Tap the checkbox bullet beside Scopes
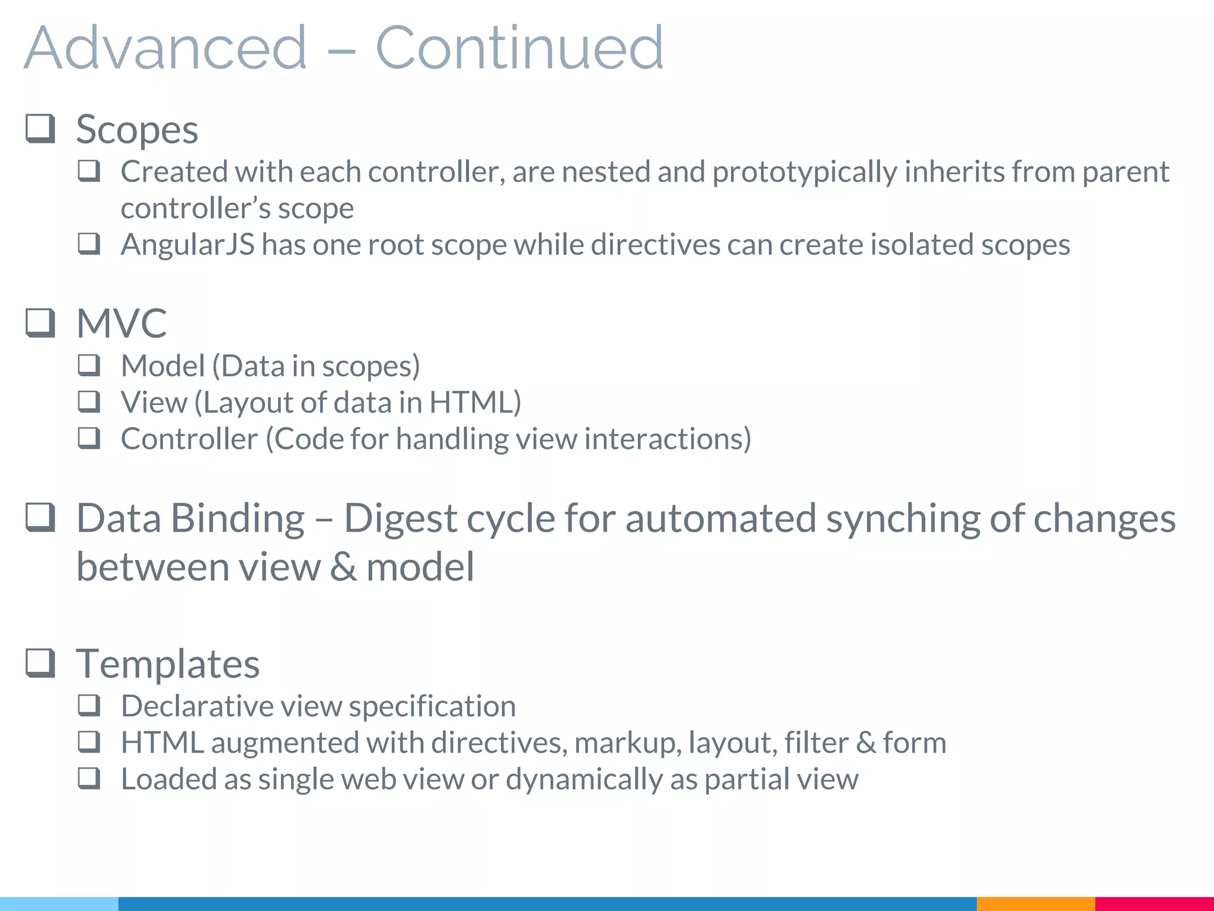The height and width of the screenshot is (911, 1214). [x=40, y=129]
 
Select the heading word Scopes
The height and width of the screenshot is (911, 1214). [x=137, y=130]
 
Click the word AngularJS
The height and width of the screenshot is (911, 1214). [x=187, y=245]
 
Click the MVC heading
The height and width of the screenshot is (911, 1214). [x=122, y=324]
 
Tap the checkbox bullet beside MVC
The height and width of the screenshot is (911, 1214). [x=40, y=323]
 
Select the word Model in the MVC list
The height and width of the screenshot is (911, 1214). [x=162, y=366]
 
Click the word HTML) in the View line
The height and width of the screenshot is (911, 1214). [x=475, y=403]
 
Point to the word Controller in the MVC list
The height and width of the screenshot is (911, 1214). [x=189, y=439]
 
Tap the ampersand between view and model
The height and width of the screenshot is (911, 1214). [x=344, y=567]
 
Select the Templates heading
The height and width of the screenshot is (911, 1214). [x=168, y=664]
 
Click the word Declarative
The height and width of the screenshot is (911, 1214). [x=198, y=706]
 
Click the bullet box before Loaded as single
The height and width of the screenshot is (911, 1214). [x=89, y=778]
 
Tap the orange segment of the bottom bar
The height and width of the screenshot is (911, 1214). [x=1035, y=904]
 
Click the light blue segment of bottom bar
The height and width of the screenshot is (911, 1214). [x=59, y=904]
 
